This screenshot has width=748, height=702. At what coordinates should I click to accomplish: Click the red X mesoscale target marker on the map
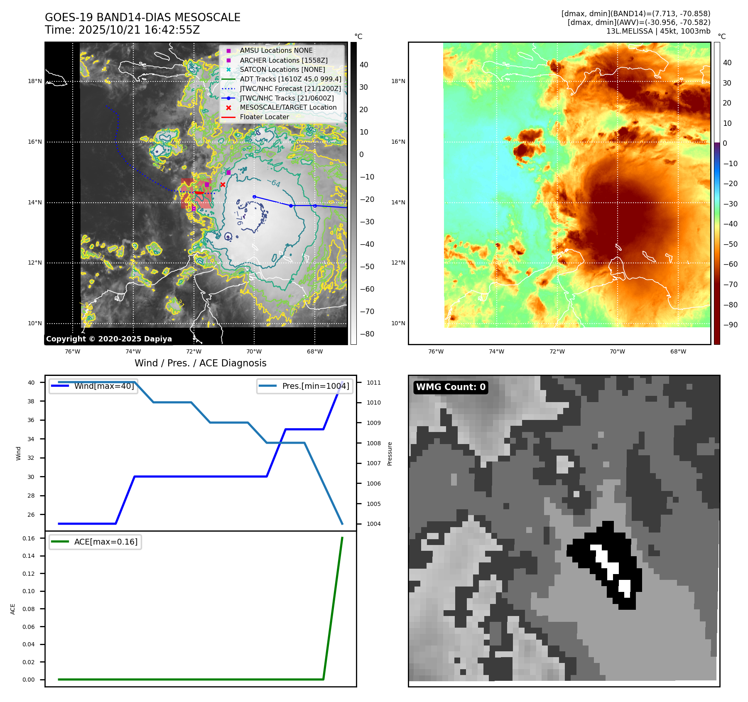pos(223,184)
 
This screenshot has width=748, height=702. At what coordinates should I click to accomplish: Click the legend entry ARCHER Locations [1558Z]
pos(283,60)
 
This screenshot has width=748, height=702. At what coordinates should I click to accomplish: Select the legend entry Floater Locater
pos(264,117)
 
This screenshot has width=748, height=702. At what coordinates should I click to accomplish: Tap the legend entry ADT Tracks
pos(290,79)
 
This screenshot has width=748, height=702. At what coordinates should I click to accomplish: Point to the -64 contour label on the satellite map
pos(274,183)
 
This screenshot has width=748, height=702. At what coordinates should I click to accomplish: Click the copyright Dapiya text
pos(109,339)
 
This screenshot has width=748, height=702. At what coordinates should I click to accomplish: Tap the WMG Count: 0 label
pos(451,387)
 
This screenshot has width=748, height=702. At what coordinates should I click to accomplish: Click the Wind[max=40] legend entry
pos(104,386)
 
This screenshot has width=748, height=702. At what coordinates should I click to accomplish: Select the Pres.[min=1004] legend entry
pos(315,386)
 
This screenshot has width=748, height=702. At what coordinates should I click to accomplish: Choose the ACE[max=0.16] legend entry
pos(105,542)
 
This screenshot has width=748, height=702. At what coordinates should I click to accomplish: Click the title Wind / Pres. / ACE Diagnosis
pos(200,363)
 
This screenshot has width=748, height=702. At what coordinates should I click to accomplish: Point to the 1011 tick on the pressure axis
pos(373,383)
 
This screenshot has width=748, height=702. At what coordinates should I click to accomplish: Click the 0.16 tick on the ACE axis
pos(29,538)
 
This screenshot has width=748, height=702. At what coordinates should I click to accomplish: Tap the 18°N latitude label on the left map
pos(35,81)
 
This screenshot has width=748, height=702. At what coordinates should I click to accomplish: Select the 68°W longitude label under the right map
pos(678,351)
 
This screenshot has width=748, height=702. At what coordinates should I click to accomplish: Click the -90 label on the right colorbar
pos(730,325)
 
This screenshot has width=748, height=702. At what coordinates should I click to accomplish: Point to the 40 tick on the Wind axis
pos(31,383)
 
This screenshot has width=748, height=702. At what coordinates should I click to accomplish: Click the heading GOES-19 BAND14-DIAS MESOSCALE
pos(142,17)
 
